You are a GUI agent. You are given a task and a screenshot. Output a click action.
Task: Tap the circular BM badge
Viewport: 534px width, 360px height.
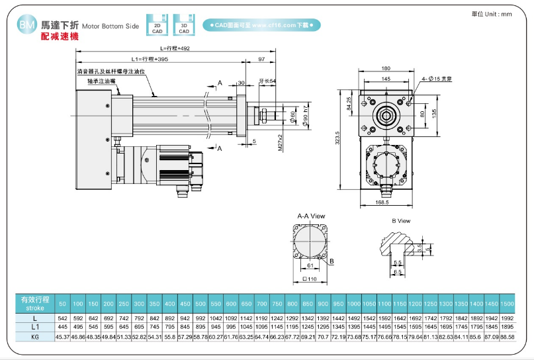tap(27, 25)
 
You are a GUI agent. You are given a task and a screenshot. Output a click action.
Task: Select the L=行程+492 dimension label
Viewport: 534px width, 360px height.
tap(175, 48)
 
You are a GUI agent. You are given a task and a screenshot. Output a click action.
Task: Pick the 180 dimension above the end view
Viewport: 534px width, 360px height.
tap(386, 68)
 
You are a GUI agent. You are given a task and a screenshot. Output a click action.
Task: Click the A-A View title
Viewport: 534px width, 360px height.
tap(310, 216)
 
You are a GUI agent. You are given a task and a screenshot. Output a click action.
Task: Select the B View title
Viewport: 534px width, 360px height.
tap(401, 221)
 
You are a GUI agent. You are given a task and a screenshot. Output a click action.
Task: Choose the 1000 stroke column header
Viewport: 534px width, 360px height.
tap(354, 303)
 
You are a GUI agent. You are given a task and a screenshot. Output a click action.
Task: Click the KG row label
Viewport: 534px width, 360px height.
tap(34, 337)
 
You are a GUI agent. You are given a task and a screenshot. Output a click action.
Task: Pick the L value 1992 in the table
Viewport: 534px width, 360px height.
tap(508, 318)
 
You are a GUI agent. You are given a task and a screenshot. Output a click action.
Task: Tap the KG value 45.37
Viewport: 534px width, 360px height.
tap(63, 337)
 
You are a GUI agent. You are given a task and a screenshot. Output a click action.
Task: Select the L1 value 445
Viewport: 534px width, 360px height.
tap(63, 328)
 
